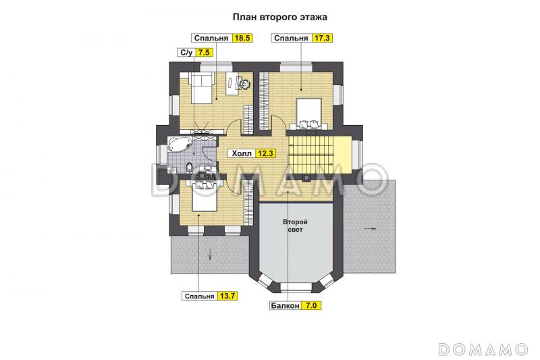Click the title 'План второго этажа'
click(279, 17)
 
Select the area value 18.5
click(242, 38)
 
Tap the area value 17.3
click(323, 38)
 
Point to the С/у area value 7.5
click(204, 53)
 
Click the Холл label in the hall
click(242, 153)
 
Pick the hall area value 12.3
click(265, 153)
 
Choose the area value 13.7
click(227, 296)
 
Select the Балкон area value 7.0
click(311, 305)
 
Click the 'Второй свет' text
click(295, 226)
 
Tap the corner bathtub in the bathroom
click(179, 144)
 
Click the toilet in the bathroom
click(189, 168)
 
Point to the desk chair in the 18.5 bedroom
click(244, 83)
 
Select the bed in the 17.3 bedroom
click(309, 113)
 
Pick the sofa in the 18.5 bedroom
click(201, 88)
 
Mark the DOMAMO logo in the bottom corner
click(483, 349)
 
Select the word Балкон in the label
click(285, 305)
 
